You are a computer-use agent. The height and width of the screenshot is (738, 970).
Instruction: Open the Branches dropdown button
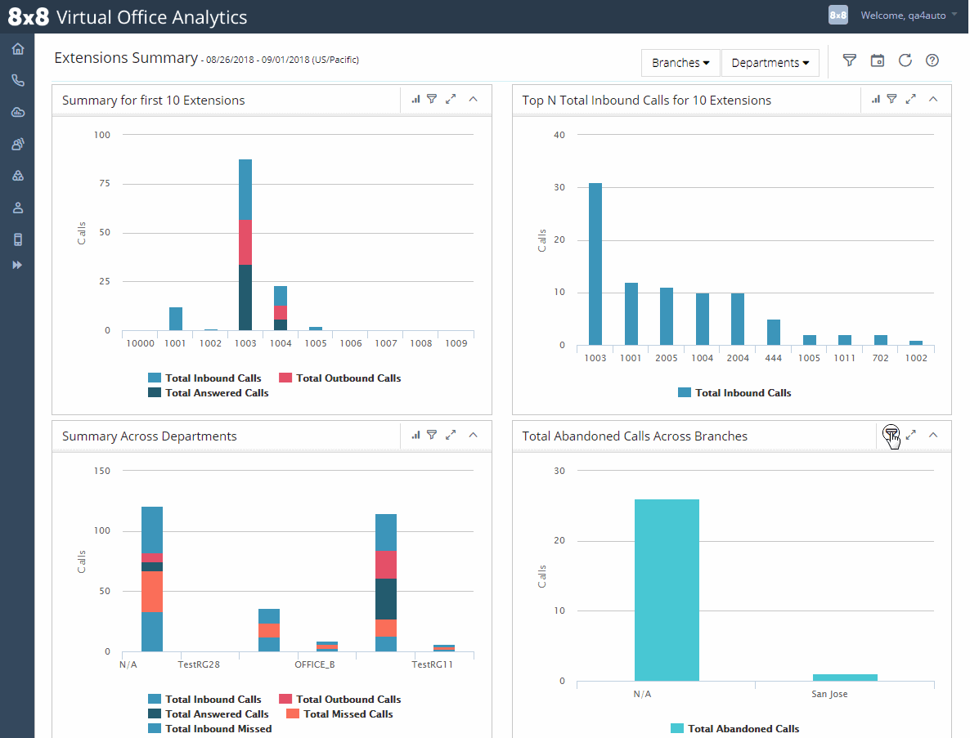pyautogui.click(x=680, y=63)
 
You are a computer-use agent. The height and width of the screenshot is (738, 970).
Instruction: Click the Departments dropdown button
pyautogui.click(x=770, y=63)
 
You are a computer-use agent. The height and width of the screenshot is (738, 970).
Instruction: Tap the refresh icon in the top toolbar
pyautogui.click(x=905, y=60)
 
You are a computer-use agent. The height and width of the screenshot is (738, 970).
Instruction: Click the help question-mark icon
pyautogui.click(x=932, y=60)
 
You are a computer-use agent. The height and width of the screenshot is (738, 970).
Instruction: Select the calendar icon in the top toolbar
pyautogui.click(x=878, y=60)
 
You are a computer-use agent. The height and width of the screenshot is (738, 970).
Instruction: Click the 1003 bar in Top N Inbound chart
pyautogui.click(x=595, y=265)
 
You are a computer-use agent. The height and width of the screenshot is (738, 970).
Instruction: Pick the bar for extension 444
pyautogui.click(x=773, y=333)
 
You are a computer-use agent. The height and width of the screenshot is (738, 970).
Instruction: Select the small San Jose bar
pyautogui.click(x=845, y=678)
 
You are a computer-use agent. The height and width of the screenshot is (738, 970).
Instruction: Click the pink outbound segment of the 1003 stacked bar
pyautogui.click(x=245, y=243)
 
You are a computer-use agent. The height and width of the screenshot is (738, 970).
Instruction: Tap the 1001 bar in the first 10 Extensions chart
pyautogui.click(x=176, y=319)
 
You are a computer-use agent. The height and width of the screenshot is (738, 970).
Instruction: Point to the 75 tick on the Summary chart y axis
pyautogui.click(x=103, y=184)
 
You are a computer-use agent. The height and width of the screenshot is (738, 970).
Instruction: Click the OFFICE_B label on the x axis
pyautogui.click(x=315, y=664)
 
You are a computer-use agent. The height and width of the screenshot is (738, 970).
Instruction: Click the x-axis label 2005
pyautogui.click(x=667, y=358)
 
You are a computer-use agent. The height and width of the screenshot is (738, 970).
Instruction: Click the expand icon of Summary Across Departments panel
pyautogui.click(x=451, y=436)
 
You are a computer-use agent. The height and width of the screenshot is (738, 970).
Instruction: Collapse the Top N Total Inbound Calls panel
pyautogui.click(x=933, y=100)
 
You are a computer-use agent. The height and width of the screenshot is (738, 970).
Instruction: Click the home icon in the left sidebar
pyautogui.click(x=18, y=49)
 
